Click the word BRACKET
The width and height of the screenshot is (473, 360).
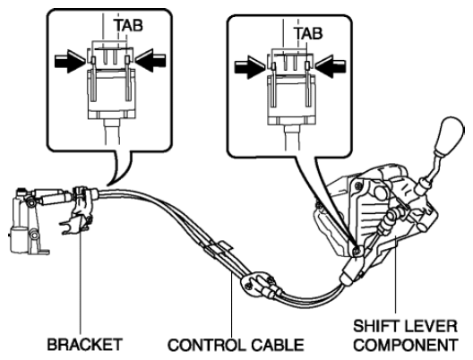pos(85,344)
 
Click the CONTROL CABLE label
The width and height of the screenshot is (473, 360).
pos(236,345)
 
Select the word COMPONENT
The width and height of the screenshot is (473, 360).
pos(406,345)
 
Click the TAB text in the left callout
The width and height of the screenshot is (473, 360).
pos(128,25)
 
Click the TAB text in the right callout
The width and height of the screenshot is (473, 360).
pos(308,33)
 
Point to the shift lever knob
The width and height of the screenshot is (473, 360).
pos(449,136)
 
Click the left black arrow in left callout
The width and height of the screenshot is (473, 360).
pos(70,61)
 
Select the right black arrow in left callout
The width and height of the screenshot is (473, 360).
pos(150,61)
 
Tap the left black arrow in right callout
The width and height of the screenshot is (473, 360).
pos(250,66)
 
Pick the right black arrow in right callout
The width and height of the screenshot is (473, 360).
pos(331,66)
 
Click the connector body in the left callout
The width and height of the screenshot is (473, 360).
pos(112,94)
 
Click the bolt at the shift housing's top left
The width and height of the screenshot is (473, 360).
pos(357,184)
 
